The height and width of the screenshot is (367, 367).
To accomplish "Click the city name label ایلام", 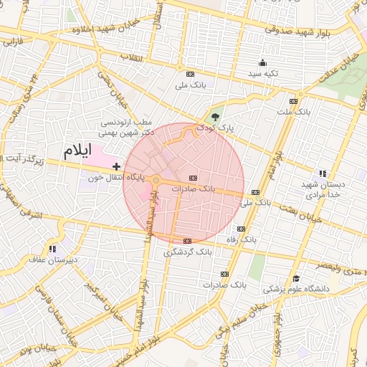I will (79, 151).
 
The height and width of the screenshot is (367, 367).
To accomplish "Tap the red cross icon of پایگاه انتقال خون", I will (117, 166).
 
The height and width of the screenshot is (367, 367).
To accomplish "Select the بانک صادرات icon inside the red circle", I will (192, 177).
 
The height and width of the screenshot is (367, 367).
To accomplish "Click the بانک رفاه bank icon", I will (241, 229).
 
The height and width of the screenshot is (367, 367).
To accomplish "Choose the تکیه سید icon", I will (262, 62).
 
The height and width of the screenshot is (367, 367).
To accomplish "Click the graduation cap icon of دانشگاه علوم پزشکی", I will (296, 279).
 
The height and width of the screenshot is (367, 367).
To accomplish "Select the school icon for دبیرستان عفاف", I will (52, 249).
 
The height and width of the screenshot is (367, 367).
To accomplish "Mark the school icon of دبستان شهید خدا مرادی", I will (323, 173).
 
